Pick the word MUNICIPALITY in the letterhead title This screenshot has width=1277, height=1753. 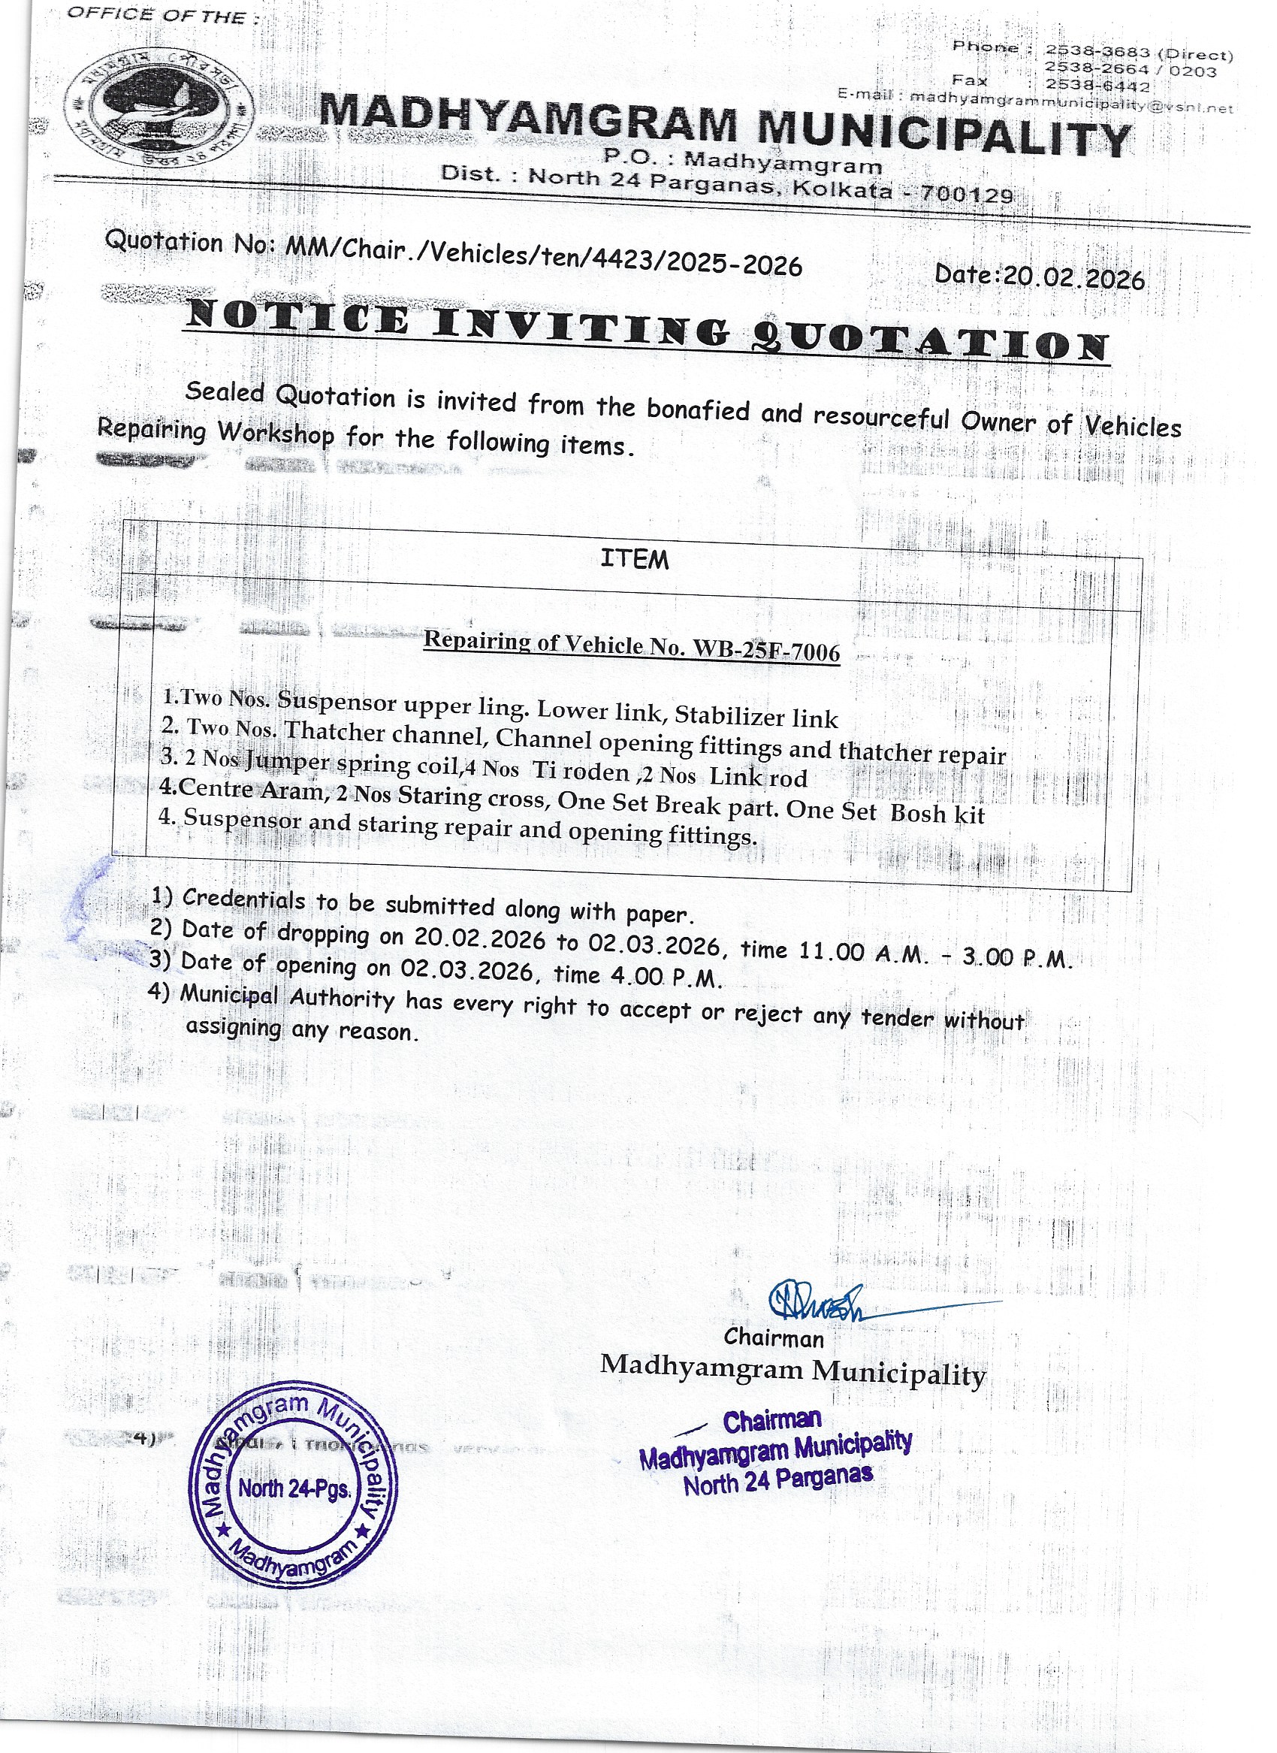click(x=943, y=136)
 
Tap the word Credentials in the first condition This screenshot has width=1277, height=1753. click(x=243, y=899)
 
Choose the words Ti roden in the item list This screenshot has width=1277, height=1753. click(x=581, y=771)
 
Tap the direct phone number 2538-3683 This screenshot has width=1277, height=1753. click(x=1097, y=51)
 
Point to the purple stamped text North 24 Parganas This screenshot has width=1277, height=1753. click(x=777, y=1480)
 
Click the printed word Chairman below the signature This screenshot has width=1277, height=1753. click(x=774, y=1337)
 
